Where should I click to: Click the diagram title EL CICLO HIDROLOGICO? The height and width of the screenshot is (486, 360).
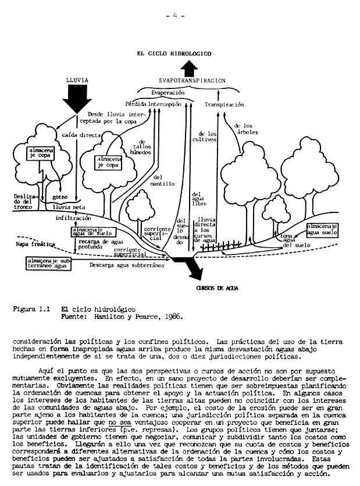pos(174,53)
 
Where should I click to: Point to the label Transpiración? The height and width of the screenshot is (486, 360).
pos(223,104)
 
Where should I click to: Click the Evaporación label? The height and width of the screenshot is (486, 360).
pos(168,93)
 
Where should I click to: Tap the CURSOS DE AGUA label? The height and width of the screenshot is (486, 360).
pos(217,288)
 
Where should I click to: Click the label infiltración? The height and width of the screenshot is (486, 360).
pos(73,218)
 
